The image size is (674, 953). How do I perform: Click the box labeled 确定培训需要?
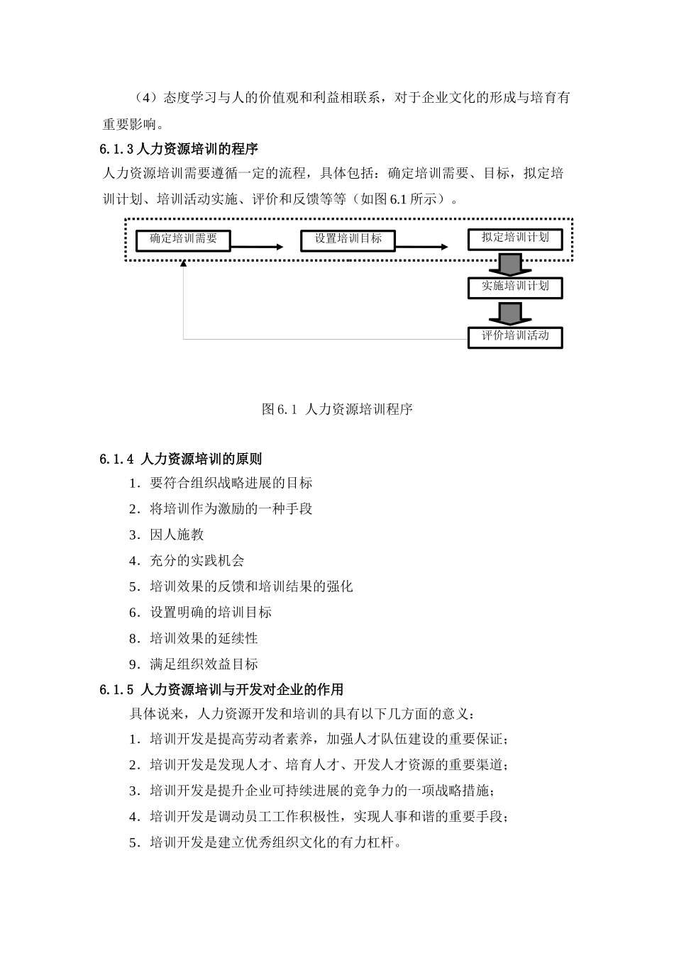point(183,240)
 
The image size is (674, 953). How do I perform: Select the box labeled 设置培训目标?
point(348,240)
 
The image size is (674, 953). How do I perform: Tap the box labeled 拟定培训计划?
point(515,238)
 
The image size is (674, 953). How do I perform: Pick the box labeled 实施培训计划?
point(515,287)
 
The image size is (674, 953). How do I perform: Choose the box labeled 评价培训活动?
point(515,336)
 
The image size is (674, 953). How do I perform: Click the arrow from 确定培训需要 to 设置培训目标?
point(256,247)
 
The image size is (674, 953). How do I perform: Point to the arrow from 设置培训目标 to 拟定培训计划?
point(421,247)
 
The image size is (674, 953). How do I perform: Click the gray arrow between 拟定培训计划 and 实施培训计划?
point(509,264)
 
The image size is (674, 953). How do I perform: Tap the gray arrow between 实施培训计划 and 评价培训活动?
point(509,313)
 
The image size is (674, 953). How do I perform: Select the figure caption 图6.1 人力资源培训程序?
point(337,409)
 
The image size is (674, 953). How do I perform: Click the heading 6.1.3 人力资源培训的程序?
point(179,149)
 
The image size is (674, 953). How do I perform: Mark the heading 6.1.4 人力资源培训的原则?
point(181,459)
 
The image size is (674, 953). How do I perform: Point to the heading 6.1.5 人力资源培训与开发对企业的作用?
point(221,689)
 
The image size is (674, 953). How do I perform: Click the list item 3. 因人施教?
point(167,535)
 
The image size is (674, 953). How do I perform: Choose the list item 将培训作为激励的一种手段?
point(221,508)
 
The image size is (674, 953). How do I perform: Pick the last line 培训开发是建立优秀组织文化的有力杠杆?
point(266,843)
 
